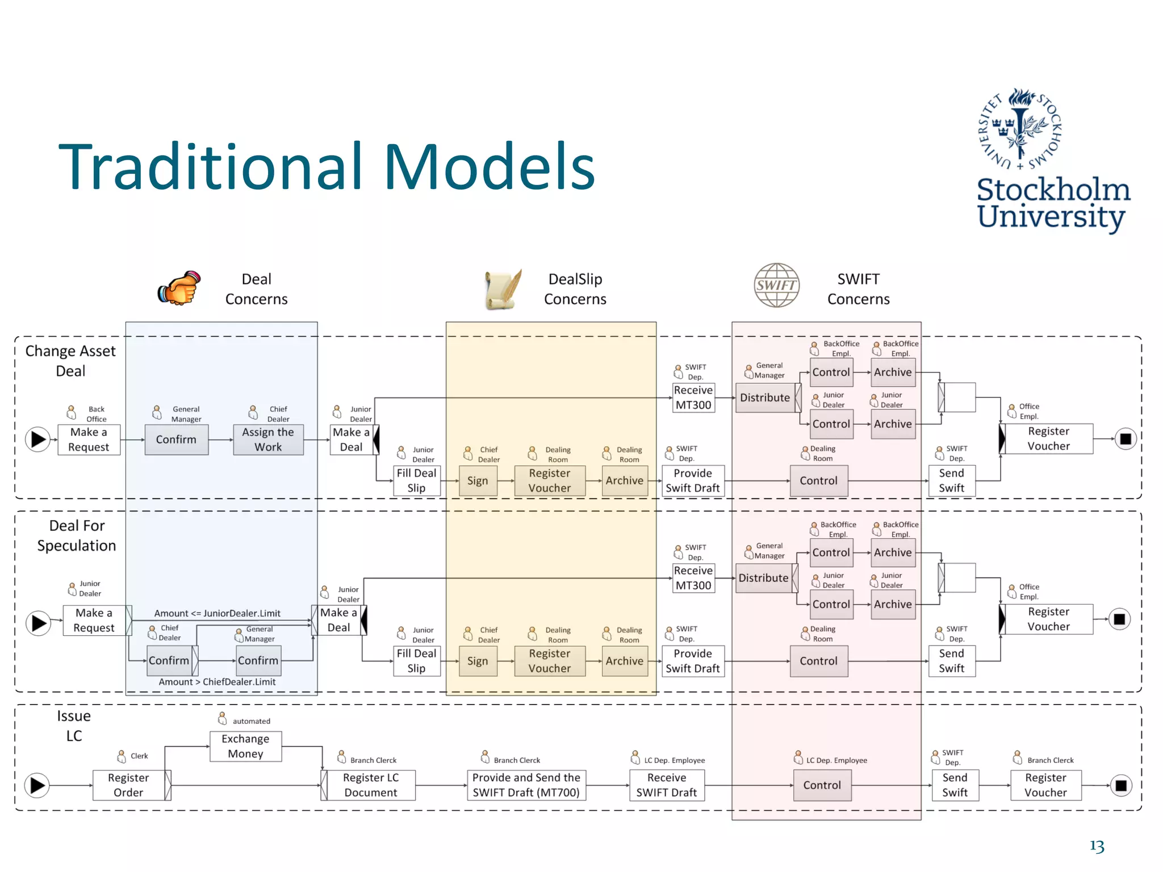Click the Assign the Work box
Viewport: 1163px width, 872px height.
[x=268, y=439]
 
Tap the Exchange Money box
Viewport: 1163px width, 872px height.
[x=245, y=746]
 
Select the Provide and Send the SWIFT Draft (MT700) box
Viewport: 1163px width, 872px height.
[x=526, y=785]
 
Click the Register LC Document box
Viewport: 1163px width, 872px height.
[x=371, y=785]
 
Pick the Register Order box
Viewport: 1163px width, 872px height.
[x=128, y=785]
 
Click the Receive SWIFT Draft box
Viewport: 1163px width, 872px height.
[x=667, y=785]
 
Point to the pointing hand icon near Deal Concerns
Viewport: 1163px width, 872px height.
[x=179, y=288]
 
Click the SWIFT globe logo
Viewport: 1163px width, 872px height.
[x=776, y=285]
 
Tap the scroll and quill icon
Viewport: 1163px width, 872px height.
[x=503, y=290]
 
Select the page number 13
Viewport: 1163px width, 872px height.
[x=1097, y=846]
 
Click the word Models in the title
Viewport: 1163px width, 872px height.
[x=490, y=167]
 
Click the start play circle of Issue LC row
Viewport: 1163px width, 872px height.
[x=37, y=785]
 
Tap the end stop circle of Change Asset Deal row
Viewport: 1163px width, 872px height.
[x=1126, y=439]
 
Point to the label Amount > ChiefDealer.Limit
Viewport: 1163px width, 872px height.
[x=217, y=682]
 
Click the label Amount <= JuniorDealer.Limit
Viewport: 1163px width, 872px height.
[x=217, y=613]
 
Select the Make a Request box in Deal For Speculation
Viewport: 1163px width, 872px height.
[x=94, y=620]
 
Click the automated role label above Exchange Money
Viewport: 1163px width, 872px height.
[x=250, y=721]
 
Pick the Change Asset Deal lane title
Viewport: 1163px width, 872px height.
[x=70, y=361]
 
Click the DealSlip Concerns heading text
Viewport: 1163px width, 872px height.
[x=575, y=289]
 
